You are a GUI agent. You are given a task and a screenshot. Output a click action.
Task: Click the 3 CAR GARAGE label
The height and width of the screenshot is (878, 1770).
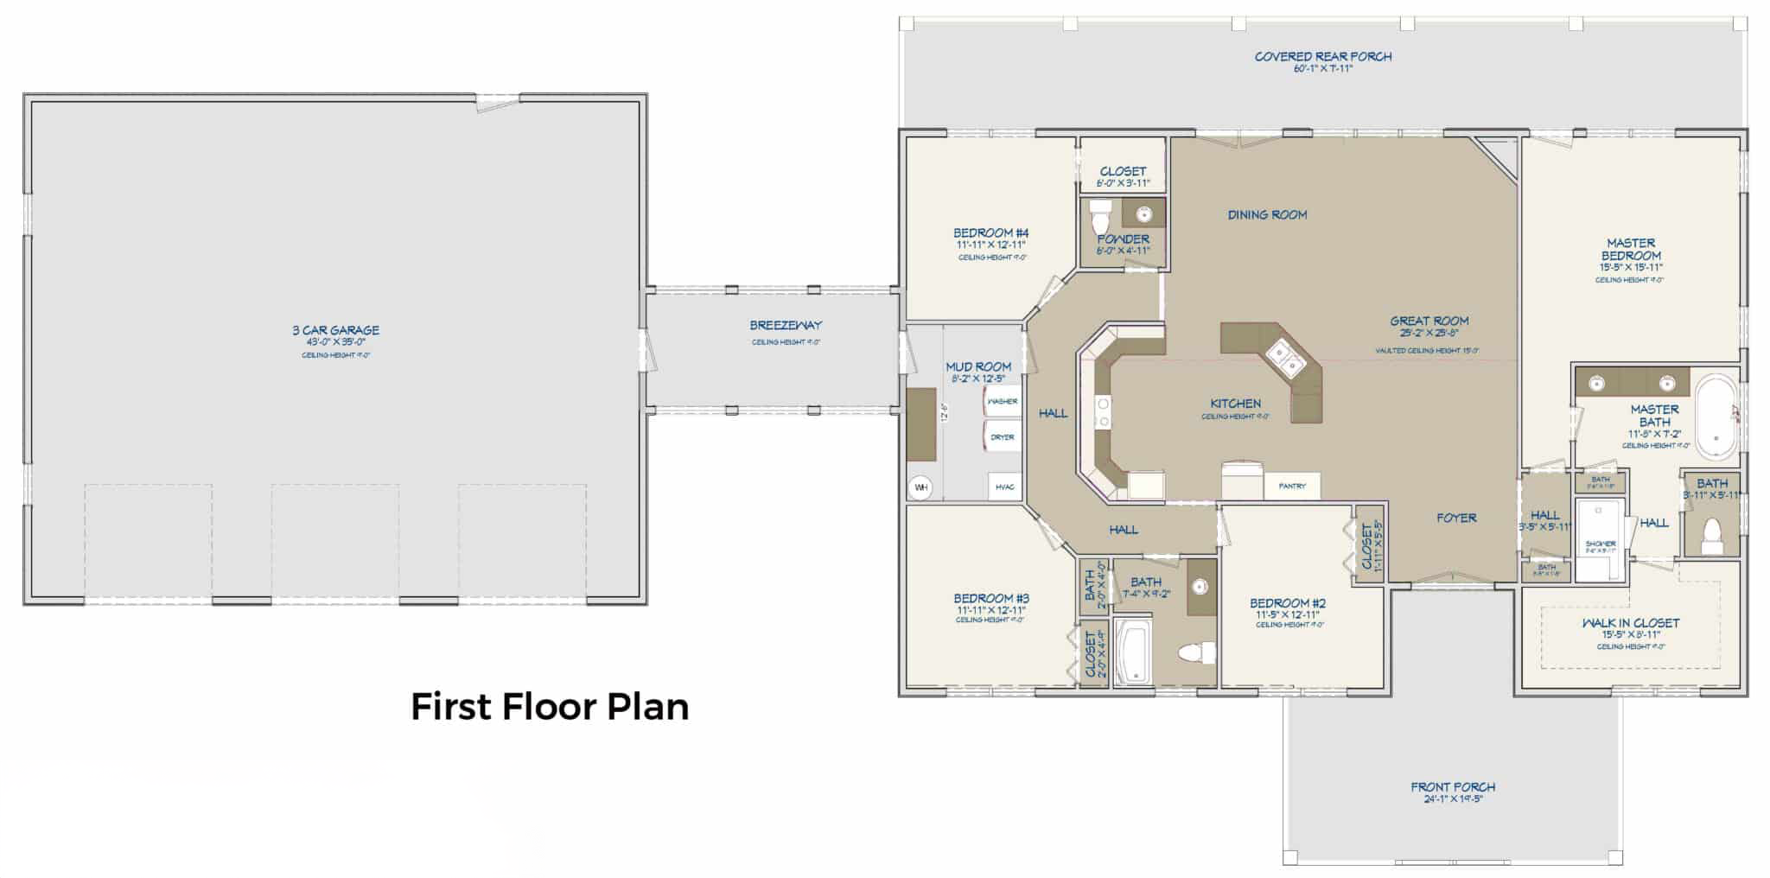pyautogui.click(x=335, y=330)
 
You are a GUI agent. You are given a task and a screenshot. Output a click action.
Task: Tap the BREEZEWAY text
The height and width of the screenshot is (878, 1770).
pyautogui.click(x=785, y=326)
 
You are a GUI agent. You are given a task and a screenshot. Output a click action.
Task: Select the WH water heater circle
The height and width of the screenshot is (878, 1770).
pyautogui.click(x=921, y=487)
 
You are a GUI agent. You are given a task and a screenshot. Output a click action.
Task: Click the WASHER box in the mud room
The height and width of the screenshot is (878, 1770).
pyautogui.click(x=1003, y=402)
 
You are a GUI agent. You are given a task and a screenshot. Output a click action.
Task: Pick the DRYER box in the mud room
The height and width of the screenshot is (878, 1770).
pyautogui.click(x=1003, y=437)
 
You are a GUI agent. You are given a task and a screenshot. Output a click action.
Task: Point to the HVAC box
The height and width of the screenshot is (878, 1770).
pyautogui.click(x=1004, y=487)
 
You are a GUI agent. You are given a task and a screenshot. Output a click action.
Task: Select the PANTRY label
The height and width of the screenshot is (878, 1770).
pyautogui.click(x=1292, y=486)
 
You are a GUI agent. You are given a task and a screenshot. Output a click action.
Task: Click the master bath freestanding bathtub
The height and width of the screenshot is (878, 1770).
pyautogui.click(x=1716, y=416)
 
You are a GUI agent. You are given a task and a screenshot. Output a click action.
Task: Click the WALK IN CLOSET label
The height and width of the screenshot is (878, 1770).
pyautogui.click(x=1630, y=623)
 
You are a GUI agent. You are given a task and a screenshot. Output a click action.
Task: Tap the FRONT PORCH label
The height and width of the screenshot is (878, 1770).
pyautogui.click(x=1452, y=787)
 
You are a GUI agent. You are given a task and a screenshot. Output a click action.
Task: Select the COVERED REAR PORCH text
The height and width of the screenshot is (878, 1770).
pyautogui.click(x=1322, y=57)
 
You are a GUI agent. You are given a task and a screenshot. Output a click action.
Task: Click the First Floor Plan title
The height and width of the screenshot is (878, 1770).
pyautogui.click(x=550, y=707)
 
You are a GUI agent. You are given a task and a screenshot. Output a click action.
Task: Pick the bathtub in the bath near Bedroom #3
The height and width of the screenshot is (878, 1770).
pyautogui.click(x=1133, y=652)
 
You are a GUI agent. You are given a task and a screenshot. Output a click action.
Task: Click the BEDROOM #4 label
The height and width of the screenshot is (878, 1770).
pyautogui.click(x=990, y=233)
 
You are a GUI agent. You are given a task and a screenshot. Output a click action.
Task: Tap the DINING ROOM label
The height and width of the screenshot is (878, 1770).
pyautogui.click(x=1267, y=215)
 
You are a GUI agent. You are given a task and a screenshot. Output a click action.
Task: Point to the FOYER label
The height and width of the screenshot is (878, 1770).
pyautogui.click(x=1456, y=518)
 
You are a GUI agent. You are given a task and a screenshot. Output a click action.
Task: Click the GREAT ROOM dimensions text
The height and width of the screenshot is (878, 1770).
pyautogui.click(x=1429, y=333)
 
